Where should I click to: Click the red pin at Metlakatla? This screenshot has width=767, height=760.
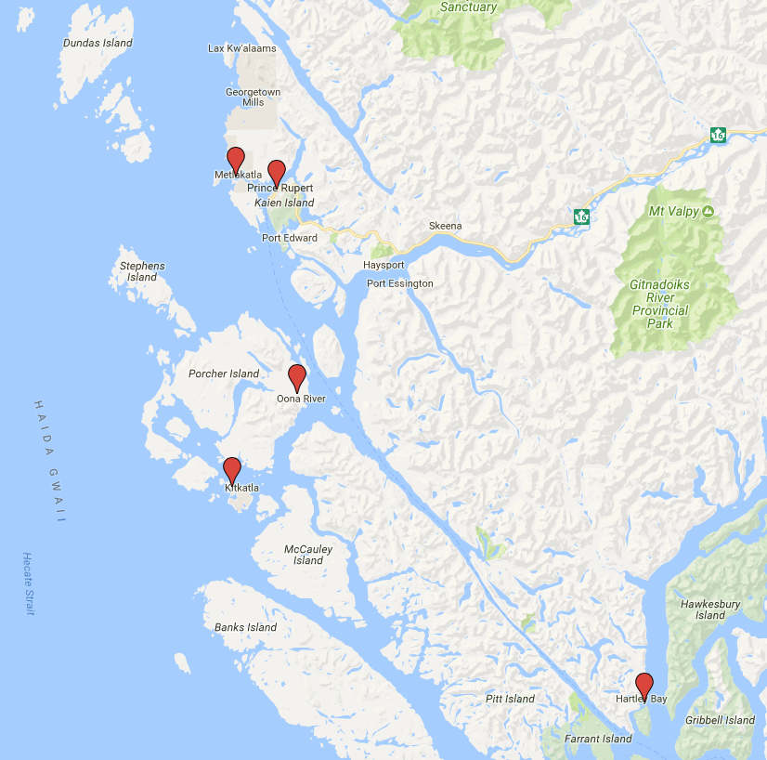pyautogui.click(x=236, y=160)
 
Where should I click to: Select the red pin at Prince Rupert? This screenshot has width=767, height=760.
pyautogui.click(x=276, y=173)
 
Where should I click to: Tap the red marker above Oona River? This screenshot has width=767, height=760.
pyautogui.click(x=297, y=377)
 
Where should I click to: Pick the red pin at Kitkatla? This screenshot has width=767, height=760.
pyautogui.click(x=232, y=470)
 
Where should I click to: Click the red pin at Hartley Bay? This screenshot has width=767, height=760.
pyautogui.click(x=644, y=686)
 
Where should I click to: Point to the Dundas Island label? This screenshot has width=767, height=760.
pyautogui.click(x=97, y=43)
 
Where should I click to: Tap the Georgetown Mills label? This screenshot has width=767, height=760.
pyautogui.click(x=252, y=97)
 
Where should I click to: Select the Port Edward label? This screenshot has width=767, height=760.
pyautogui.click(x=289, y=238)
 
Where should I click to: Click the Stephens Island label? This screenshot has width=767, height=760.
pyautogui.click(x=142, y=271)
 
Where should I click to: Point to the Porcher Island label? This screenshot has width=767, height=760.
pyautogui.click(x=224, y=373)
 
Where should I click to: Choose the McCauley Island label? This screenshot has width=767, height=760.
pyautogui.click(x=308, y=555)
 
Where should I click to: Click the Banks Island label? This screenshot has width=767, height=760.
pyautogui.click(x=246, y=627)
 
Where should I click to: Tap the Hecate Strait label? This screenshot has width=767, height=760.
pyautogui.click(x=29, y=583)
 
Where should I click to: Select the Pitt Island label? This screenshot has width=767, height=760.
pyautogui.click(x=510, y=699)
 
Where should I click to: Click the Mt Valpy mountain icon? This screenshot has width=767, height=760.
pyautogui.click(x=708, y=212)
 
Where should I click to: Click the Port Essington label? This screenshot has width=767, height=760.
pyautogui.click(x=399, y=283)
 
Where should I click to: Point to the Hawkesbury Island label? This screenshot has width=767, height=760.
pyautogui.click(x=710, y=609)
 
